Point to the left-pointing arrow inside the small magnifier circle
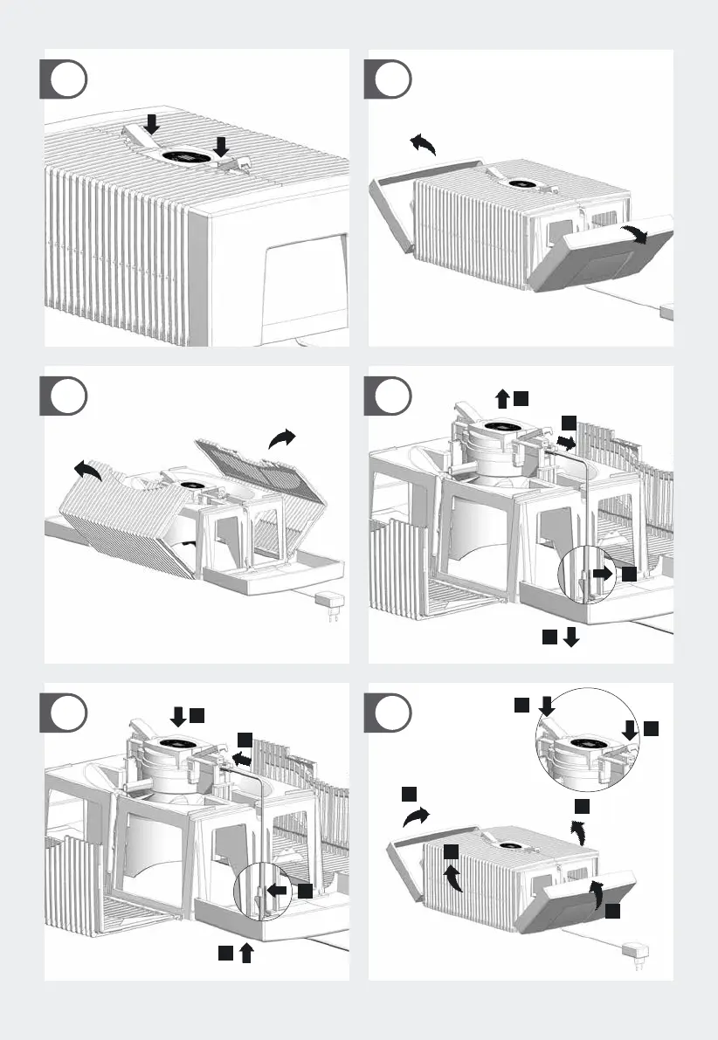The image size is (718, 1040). (277, 891)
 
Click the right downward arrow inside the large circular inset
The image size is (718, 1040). (629, 729)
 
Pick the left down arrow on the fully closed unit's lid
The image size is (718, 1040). (151, 126)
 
